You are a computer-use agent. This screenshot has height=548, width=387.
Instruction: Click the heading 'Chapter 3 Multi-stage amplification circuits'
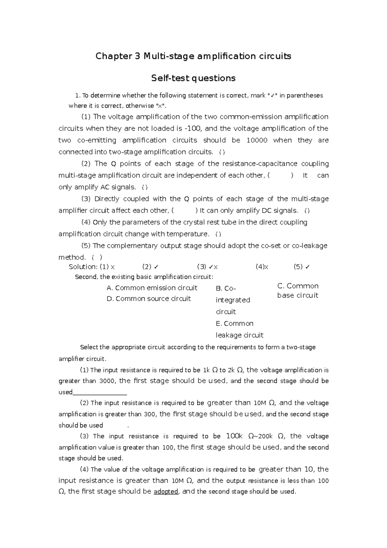(193, 56)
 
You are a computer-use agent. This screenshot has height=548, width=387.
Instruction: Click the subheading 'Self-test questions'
(193, 78)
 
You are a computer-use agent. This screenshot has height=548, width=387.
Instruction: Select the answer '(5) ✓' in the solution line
(302, 267)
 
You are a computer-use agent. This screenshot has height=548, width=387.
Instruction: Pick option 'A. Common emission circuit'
(152, 288)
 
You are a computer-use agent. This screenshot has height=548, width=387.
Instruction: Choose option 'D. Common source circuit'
(149, 299)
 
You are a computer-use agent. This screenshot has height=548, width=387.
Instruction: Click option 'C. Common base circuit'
(298, 290)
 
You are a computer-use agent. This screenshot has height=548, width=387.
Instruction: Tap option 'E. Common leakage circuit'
(239, 329)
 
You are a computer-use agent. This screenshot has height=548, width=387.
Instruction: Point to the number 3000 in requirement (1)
(107, 381)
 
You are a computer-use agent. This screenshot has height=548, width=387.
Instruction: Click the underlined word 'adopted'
(166, 492)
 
